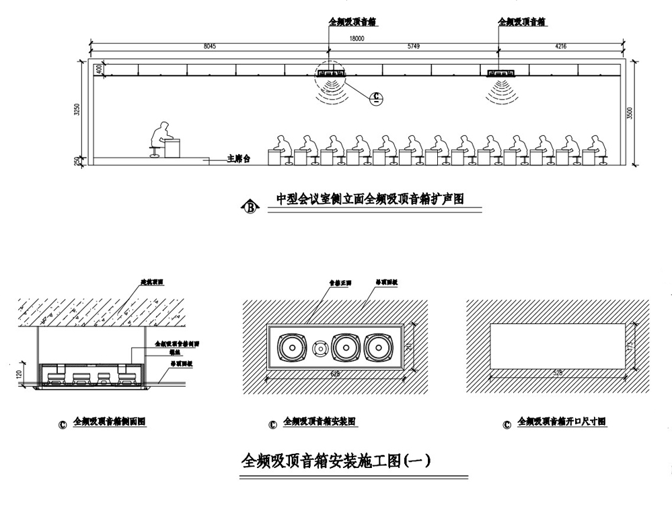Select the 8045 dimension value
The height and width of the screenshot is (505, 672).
click(x=210, y=47)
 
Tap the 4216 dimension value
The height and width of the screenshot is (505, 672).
click(x=560, y=47)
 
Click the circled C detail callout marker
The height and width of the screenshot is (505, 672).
click(x=377, y=98)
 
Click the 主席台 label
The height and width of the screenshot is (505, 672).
click(x=238, y=159)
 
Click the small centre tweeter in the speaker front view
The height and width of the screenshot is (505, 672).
click(x=320, y=349)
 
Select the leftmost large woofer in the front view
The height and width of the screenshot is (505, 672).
click(x=292, y=349)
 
